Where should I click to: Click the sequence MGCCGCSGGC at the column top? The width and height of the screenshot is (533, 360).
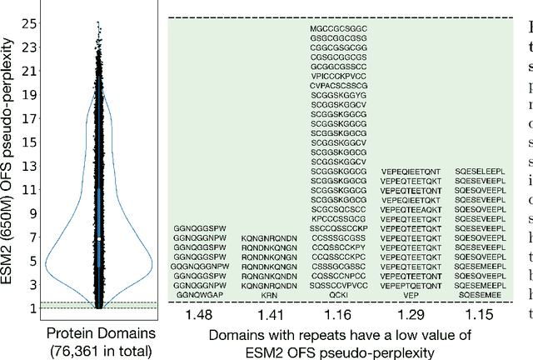pyautogui.click(x=338, y=28)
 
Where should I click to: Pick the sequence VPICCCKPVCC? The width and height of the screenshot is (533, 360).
pyautogui.click(x=338, y=75)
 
